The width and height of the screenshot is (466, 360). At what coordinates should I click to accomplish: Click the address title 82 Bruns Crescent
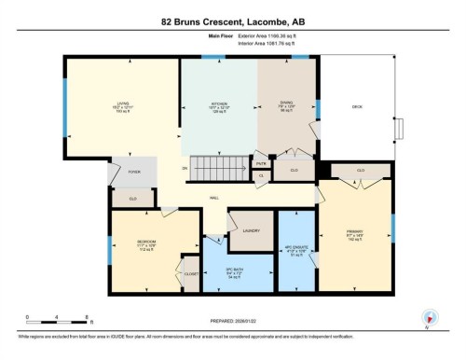[233, 20]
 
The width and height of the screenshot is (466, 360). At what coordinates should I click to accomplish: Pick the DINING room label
[287, 104]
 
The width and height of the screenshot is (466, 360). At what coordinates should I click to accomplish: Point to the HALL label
[213, 199]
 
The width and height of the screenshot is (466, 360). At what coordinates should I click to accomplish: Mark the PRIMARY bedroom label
[354, 232]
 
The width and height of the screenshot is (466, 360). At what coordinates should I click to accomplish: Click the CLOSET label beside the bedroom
[190, 274]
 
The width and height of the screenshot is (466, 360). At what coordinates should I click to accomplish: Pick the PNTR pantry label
[261, 163]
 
